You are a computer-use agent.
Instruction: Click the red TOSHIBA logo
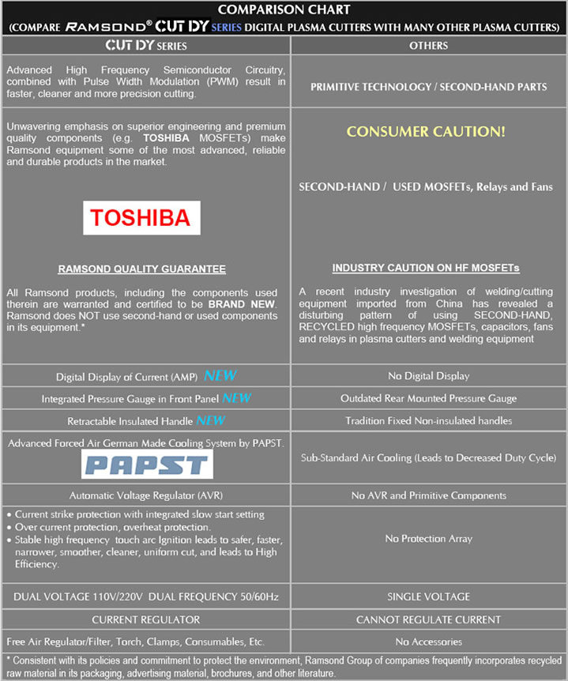[x=142, y=217]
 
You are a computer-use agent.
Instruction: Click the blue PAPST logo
[x=147, y=465]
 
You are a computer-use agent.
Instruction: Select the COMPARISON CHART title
[x=284, y=9]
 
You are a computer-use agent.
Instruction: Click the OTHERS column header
[x=429, y=46]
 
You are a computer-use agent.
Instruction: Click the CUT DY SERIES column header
[x=146, y=46]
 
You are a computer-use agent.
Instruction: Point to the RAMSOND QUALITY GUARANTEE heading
[x=142, y=269]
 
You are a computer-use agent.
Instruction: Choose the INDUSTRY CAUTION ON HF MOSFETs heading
[x=426, y=269]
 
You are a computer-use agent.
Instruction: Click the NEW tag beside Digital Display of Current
[x=220, y=376]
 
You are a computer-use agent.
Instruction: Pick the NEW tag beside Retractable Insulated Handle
[x=211, y=420]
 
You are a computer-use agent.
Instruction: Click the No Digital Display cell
[x=428, y=376]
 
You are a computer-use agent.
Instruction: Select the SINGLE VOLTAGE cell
[x=428, y=596]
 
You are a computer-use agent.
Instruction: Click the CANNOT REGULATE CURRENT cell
[x=429, y=619]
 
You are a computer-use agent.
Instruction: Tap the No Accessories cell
[x=428, y=641]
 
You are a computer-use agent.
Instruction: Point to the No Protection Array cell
[x=428, y=538]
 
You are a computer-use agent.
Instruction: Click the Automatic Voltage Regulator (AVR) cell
[x=146, y=495]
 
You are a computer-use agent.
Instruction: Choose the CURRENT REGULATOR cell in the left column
[x=146, y=619]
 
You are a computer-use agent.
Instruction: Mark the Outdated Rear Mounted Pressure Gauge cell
[x=428, y=398]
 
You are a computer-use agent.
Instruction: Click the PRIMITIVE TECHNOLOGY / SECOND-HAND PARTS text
[x=429, y=87]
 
